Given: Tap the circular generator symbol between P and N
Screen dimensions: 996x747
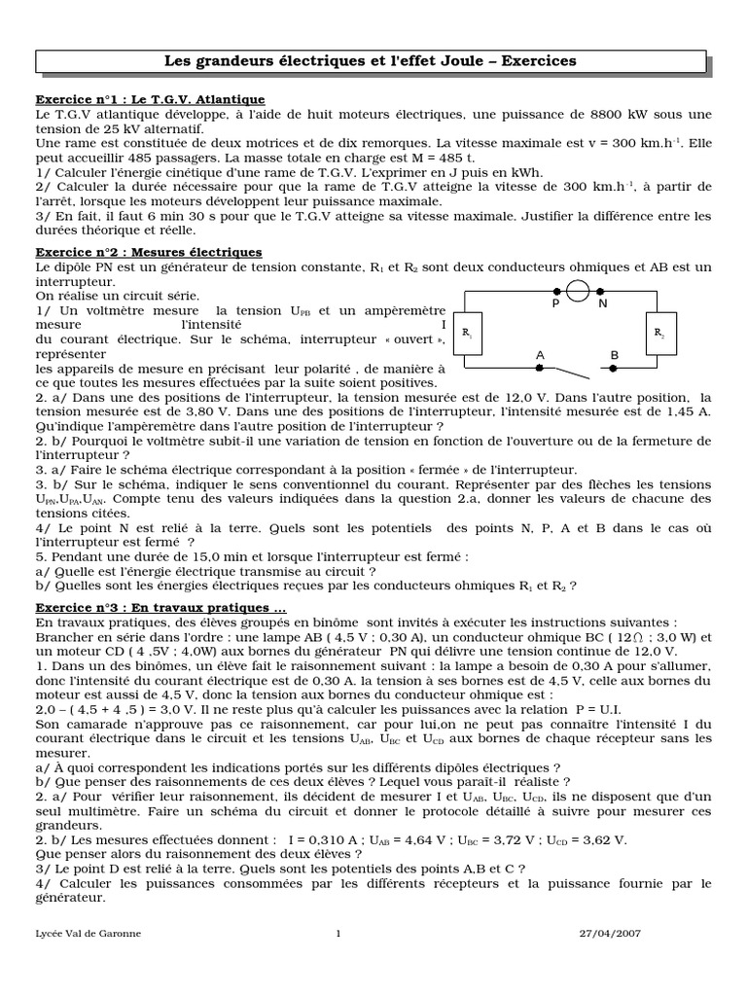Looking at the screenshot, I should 578,290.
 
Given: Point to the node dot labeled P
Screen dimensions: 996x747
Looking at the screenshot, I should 556,290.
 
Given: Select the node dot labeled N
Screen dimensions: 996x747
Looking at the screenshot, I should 600,290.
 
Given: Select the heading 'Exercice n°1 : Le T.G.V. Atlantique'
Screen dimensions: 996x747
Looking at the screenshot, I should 150,99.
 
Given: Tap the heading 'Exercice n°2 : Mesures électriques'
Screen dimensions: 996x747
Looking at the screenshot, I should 149,252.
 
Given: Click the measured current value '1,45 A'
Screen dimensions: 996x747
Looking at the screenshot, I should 688,412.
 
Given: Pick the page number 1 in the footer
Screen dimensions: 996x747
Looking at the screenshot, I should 338,934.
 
